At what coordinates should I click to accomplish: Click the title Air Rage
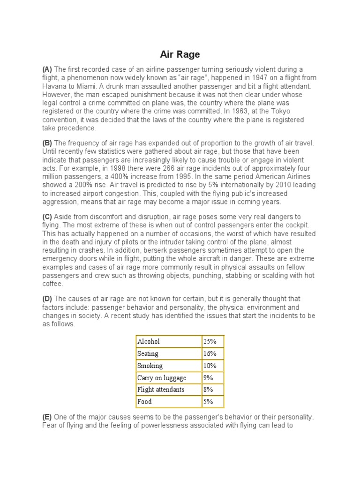[x=180, y=54]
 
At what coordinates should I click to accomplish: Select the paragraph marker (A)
[x=47, y=69]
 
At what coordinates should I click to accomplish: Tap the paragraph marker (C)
[x=47, y=216]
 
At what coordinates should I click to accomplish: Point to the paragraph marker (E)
[x=47, y=417]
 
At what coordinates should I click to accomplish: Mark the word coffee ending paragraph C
[x=53, y=284]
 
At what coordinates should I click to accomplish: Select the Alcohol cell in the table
[x=149, y=342]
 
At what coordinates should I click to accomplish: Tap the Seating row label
[x=148, y=353]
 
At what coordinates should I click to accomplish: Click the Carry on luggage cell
[x=161, y=377]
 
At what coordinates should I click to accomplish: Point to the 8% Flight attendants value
[x=208, y=390]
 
